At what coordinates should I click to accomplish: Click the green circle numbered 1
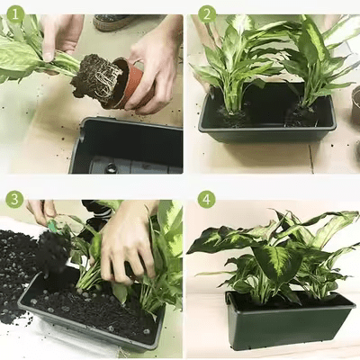pyautogui.click(x=15, y=14)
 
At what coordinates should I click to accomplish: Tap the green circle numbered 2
pyautogui.click(x=207, y=14)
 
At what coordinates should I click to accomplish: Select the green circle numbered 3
pyautogui.click(x=14, y=199)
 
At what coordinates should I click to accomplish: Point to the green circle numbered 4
pyautogui.click(x=207, y=200)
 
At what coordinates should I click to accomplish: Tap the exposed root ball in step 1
pyautogui.click(x=96, y=78)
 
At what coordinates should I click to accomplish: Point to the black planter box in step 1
pyautogui.click(x=126, y=146)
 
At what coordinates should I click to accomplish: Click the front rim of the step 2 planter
pyautogui.click(x=266, y=130)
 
